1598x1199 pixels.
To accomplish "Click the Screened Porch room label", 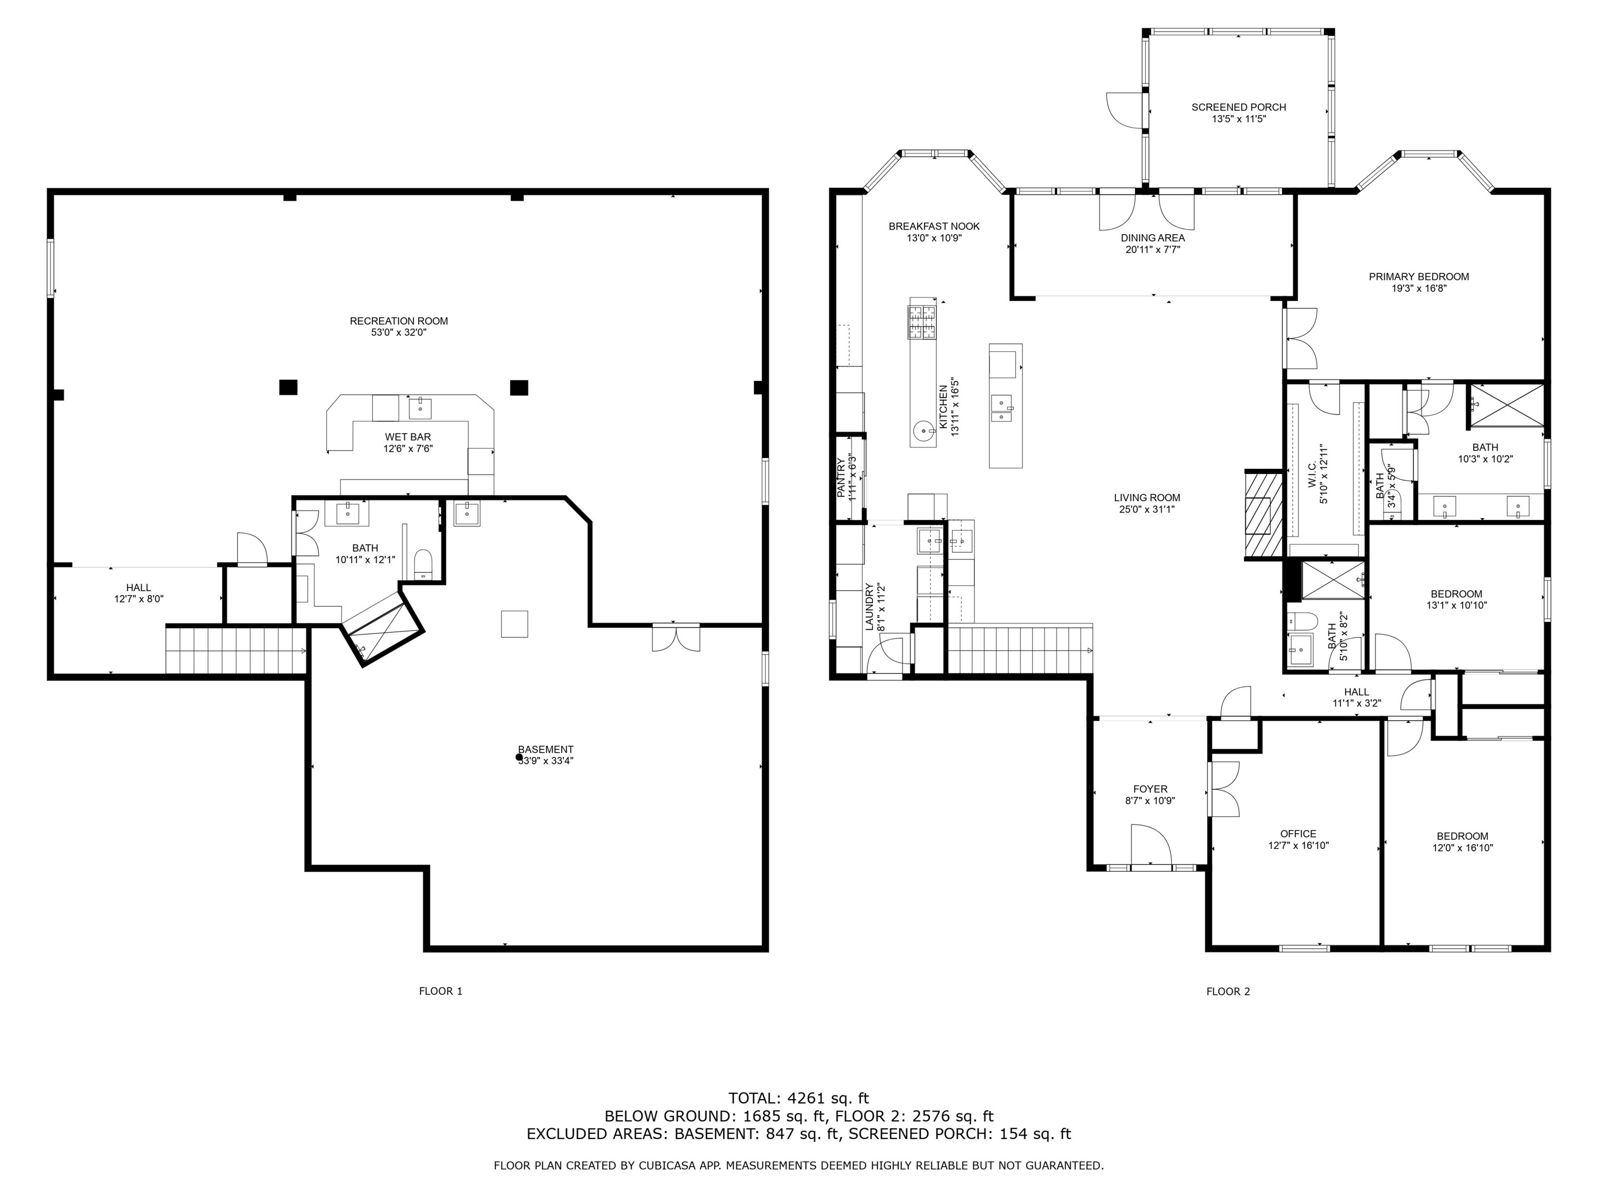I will click(1238, 107).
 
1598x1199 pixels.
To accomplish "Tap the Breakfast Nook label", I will click(934, 226).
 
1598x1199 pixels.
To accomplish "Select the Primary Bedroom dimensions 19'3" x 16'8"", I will click(1419, 288).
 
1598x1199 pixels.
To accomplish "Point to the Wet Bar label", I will click(407, 437).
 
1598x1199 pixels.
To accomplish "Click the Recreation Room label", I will click(399, 321).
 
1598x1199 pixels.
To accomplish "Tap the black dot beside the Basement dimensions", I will click(519, 757).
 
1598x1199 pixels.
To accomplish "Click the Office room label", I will click(1298, 833).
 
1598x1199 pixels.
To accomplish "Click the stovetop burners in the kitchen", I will click(922, 321).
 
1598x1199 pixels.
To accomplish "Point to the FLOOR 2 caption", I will click(1228, 991).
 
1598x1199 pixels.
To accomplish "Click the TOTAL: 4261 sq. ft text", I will click(798, 1099).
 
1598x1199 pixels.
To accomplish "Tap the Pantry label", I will click(841, 477).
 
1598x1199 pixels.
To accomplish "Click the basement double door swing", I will click(676, 637).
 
